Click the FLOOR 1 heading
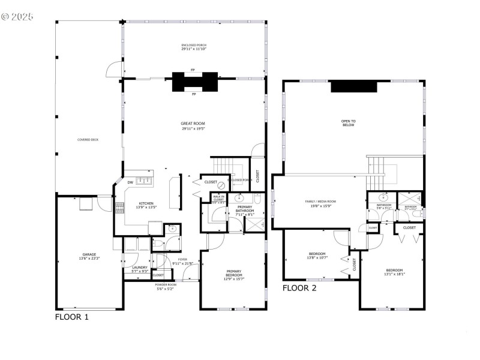tap(72, 317)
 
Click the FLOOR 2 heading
tap(299, 287)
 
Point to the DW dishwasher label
tap(130, 182)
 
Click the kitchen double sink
tap(145, 180)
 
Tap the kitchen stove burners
tap(119, 208)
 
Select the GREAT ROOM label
tap(193, 124)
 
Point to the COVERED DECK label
tap(88, 140)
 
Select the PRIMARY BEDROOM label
tap(234, 273)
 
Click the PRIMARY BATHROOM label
tap(244, 209)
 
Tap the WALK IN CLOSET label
tap(218, 199)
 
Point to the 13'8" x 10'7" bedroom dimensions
tap(317, 257)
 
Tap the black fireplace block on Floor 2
tap(354, 87)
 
